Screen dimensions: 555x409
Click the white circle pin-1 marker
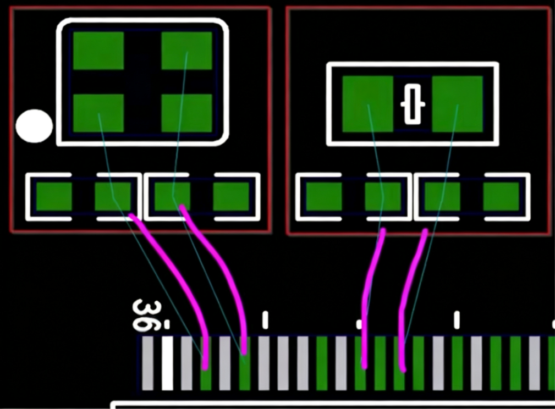click(34, 126)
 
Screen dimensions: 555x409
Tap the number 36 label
click(146, 316)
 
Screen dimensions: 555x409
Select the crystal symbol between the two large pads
click(413, 104)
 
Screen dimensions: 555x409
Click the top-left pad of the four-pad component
click(98, 51)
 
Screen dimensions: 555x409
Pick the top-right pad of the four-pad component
click(186, 51)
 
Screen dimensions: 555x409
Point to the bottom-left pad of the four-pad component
click(98, 113)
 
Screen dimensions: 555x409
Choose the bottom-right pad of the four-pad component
click(186, 113)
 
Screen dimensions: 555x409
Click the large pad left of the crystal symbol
click(368, 104)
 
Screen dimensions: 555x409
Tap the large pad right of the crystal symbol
click(457, 104)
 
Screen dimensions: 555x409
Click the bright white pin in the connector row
click(167, 363)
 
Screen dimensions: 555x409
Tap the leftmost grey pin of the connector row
click(147, 363)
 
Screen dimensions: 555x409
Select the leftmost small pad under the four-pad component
click(54, 196)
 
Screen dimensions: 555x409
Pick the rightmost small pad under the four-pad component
click(231, 196)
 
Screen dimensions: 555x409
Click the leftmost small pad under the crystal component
click(324, 196)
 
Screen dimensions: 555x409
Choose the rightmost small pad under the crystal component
click(501, 196)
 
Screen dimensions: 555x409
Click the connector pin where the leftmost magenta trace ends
click(206, 363)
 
